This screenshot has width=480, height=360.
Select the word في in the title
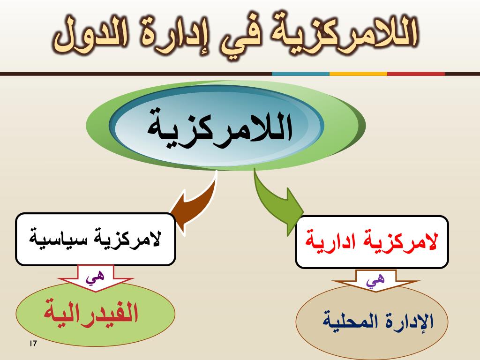click(x=235, y=38)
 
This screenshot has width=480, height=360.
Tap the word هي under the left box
click(x=95, y=277)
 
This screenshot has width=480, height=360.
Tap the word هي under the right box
click(x=375, y=279)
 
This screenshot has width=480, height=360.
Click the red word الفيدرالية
click(x=91, y=312)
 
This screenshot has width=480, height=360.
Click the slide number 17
click(x=33, y=344)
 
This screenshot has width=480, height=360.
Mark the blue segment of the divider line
click(x=300, y=74)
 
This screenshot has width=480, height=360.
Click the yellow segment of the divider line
click(x=359, y=74)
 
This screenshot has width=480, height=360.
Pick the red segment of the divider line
click(x=416, y=74)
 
